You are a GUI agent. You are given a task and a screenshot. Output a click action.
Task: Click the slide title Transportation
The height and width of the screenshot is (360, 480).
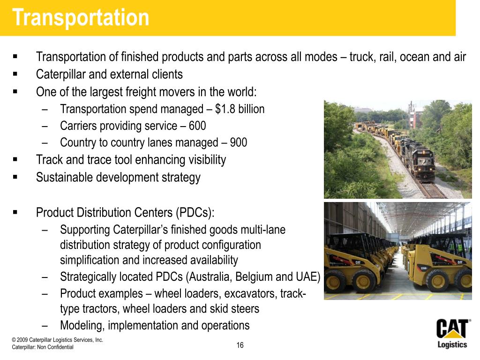(x=81, y=18)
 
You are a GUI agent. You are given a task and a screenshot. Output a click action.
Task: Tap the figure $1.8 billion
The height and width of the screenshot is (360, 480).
(x=240, y=109)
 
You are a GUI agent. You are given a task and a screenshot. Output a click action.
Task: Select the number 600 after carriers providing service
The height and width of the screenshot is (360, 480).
(x=197, y=126)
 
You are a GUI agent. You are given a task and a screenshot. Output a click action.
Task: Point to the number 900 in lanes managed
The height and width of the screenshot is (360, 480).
(x=239, y=142)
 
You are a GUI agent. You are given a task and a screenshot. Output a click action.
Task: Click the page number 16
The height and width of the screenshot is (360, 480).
(x=240, y=345)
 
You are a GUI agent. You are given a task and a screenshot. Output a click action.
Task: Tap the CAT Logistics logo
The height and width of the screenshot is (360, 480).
(x=452, y=333)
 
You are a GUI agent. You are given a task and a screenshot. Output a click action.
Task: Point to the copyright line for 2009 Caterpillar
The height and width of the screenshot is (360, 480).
(x=58, y=340)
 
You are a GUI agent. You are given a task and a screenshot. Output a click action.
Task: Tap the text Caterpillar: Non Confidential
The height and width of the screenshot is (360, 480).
(x=43, y=347)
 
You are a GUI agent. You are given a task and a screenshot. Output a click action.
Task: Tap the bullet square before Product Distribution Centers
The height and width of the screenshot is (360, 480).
(x=15, y=212)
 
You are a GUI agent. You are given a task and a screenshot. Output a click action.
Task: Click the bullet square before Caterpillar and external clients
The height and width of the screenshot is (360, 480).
(x=15, y=74)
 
